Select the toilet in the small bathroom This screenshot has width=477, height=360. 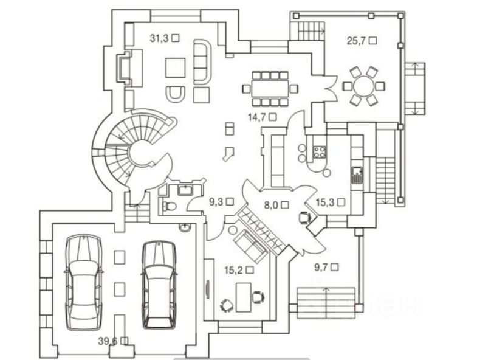(170, 206)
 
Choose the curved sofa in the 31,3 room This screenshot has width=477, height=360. (200, 60)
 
